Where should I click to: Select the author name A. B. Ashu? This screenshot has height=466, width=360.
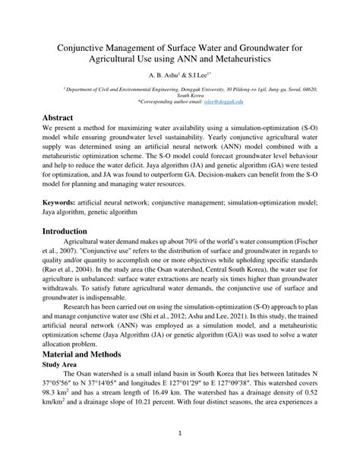(150, 76)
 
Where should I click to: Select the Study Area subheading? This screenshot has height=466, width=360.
(63, 385)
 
